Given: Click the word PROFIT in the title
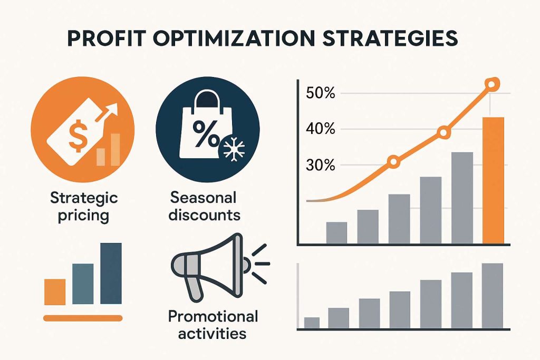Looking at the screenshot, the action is (105, 38).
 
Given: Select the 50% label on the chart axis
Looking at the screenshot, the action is (320, 93).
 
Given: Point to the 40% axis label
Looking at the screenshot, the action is (320, 130).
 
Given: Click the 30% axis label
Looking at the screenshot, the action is (320, 166).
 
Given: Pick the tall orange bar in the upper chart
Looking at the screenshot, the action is (493, 180).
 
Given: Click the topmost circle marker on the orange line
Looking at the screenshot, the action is (491, 84).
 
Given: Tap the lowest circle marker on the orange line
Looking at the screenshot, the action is (393, 162).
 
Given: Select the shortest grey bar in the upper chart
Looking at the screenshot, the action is (336, 232).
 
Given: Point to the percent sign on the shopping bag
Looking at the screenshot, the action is (206, 133).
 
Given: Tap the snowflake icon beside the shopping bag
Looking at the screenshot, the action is (234, 149).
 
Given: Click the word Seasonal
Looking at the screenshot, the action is (203, 198).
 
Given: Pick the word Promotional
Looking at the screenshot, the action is (213, 317).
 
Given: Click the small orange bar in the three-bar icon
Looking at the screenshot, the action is (55, 292).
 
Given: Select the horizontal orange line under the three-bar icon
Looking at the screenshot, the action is (83, 318).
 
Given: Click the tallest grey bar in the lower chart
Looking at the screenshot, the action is (493, 296).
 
